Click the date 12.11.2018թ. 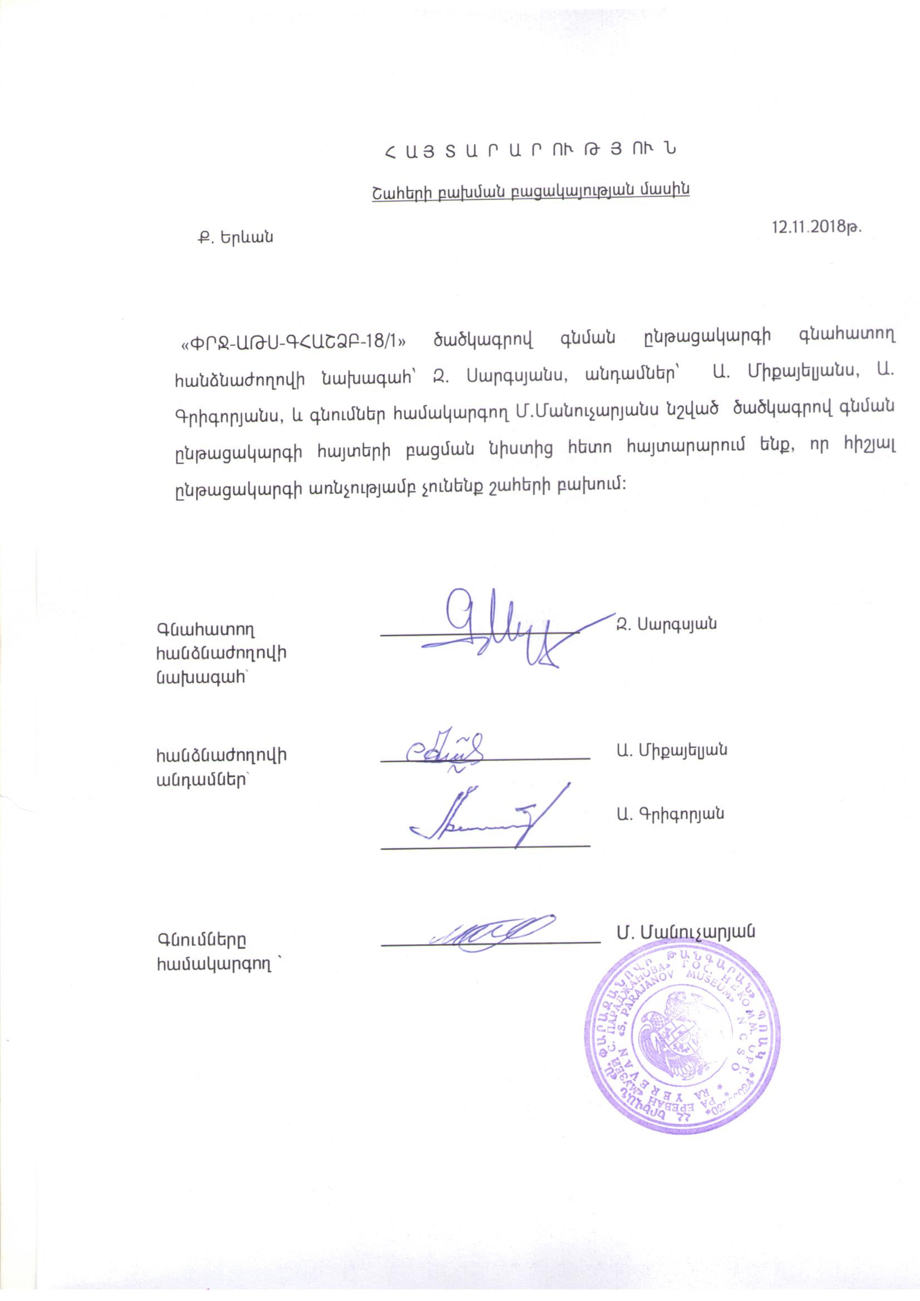tap(817, 227)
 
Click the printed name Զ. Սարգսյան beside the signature tap(666, 624)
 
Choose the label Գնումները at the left tap(202, 939)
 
